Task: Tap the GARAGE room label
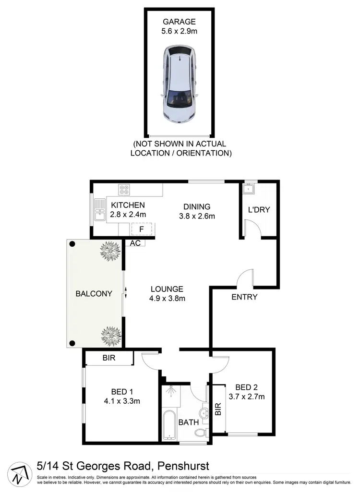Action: coord(180,22)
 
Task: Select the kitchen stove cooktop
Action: coord(124,190)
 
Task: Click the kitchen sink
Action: coord(99,210)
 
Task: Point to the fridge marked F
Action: coord(142,229)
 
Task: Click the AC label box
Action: coord(135,243)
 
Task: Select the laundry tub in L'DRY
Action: coord(250,188)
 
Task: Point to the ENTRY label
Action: coord(244,297)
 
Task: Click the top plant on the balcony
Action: coord(110,251)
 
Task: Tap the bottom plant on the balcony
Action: coord(110,335)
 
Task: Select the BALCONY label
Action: coord(94,294)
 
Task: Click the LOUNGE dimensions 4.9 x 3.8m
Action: coord(167,298)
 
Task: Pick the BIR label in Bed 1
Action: coord(108,358)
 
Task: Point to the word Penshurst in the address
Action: coord(183,466)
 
